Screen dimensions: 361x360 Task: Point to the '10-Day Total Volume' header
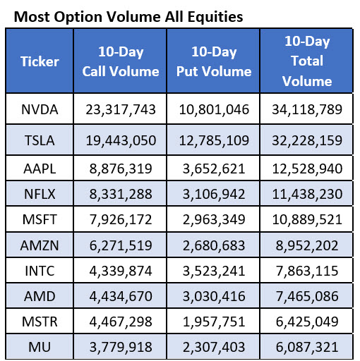pyautogui.click(x=306, y=61)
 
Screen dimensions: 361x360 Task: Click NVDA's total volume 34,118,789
pyautogui.click(x=306, y=109)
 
